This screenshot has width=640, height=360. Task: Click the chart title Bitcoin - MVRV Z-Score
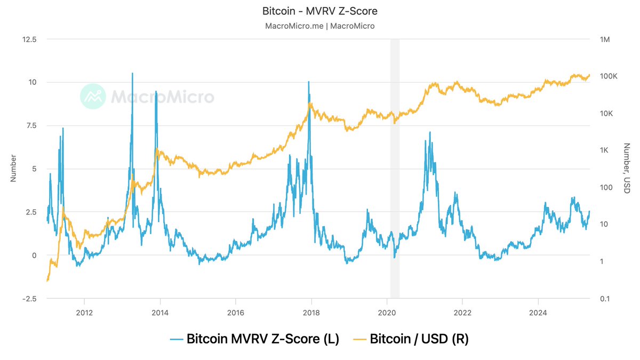[x=320, y=11]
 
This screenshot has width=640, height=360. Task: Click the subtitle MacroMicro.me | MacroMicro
[x=320, y=26]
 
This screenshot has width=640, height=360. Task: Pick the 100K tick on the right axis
[x=609, y=76]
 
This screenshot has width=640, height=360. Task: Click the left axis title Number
[x=14, y=169]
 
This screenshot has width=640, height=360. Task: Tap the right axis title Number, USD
[x=627, y=169]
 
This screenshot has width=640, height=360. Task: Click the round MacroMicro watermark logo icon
[x=93, y=96]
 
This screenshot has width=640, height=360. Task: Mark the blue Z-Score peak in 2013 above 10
[x=132, y=74]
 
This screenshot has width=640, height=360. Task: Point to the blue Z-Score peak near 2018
[x=308, y=82]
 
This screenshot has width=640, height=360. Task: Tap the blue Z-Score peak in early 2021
[x=430, y=132]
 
